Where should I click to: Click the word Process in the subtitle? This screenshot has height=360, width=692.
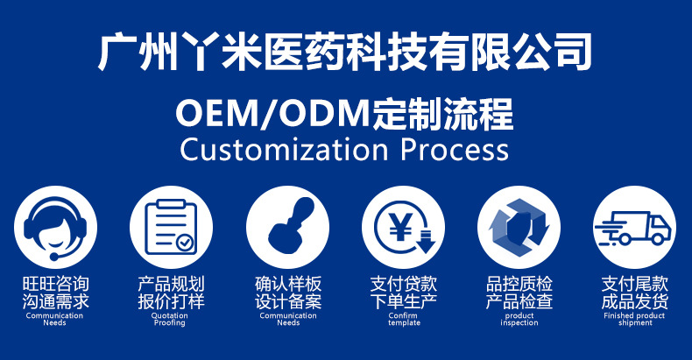(x=454, y=149)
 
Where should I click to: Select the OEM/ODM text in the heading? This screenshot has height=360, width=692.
(x=272, y=114)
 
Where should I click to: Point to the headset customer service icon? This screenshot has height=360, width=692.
(x=54, y=227)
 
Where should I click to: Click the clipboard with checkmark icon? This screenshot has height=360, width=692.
(x=172, y=227)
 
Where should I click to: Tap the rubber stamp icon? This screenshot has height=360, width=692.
(x=287, y=227)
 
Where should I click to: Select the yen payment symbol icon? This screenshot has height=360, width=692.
(x=404, y=227)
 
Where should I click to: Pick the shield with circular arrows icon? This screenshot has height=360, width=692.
(x=519, y=227)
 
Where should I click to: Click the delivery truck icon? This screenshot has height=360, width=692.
(x=634, y=228)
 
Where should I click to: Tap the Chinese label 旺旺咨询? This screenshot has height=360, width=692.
(x=54, y=285)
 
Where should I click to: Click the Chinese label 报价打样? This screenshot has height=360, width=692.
(x=171, y=302)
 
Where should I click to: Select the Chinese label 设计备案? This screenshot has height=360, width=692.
(x=287, y=302)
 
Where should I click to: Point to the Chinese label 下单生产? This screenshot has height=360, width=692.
(x=404, y=302)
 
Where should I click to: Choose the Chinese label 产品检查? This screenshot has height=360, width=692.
(x=519, y=302)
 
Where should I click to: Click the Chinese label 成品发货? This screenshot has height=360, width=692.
(x=634, y=302)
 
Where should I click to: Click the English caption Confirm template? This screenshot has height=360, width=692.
(x=404, y=319)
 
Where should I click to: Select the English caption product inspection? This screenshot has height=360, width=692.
(x=519, y=319)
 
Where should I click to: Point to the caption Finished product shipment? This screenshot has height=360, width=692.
(x=634, y=319)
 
